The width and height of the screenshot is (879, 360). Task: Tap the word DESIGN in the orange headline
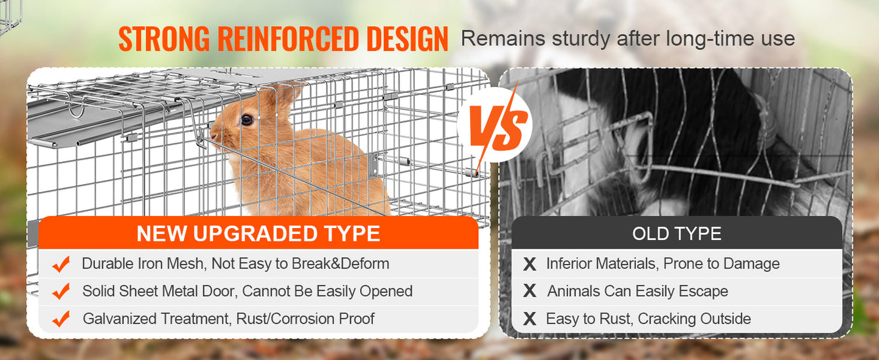407,40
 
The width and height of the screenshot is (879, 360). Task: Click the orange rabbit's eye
246,120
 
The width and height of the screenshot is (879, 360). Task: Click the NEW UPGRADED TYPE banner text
258,234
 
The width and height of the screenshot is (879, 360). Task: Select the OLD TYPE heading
676,234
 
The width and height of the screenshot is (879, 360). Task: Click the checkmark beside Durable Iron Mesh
61,264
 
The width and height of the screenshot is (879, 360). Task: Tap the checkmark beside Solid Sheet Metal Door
61,291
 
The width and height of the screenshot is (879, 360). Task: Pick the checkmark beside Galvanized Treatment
61,319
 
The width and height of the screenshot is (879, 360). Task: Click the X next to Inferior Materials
530,264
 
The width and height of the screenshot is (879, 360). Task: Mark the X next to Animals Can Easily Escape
530,291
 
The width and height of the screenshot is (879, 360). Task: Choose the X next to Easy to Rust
530,319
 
